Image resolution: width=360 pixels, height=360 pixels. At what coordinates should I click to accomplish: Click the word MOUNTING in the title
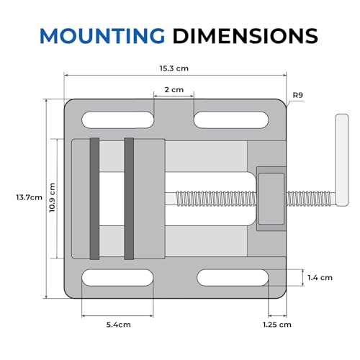(x=102, y=36)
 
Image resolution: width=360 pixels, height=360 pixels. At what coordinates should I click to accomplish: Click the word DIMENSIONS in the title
(x=246, y=36)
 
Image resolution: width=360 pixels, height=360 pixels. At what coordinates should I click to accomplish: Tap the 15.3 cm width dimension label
(x=174, y=68)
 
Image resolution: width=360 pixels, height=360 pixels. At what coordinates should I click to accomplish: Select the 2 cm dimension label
(x=174, y=90)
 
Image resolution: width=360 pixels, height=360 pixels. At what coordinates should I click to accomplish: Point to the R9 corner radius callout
(x=298, y=95)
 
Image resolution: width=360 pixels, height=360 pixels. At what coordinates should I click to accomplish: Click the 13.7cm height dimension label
(x=30, y=197)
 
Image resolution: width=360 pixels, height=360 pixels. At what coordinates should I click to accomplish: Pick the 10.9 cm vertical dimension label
(x=53, y=197)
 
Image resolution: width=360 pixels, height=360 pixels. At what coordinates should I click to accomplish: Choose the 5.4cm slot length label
(x=119, y=325)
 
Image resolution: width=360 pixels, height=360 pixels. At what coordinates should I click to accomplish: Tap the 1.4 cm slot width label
(x=320, y=278)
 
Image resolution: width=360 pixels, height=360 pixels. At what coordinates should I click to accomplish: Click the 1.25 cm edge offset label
(x=277, y=325)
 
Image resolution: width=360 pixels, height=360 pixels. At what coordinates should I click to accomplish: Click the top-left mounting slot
(x=118, y=120)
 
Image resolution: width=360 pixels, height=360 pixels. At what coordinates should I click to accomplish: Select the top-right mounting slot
(x=231, y=120)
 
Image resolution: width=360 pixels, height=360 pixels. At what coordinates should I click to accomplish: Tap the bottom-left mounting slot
(x=118, y=278)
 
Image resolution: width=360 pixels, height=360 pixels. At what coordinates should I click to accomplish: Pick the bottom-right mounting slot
(x=233, y=278)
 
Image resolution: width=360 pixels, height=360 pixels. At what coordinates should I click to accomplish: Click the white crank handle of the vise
(x=342, y=160)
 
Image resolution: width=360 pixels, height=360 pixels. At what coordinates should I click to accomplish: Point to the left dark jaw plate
(x=94, y=199)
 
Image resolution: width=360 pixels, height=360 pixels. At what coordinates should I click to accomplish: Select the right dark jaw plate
(x=129, y=199)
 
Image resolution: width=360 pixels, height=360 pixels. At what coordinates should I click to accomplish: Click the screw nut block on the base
(x=271, y=199)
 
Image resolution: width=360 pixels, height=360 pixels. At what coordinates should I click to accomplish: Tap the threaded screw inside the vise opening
(x=217, y=199)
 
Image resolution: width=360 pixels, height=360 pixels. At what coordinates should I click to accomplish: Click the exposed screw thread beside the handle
(x=311, y=199)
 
